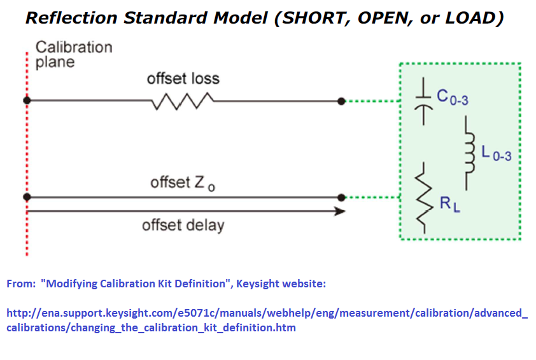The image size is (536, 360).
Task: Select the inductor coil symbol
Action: click(470, 153)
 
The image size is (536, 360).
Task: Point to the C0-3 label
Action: click(454, 97)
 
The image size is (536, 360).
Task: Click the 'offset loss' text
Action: click(183, 79)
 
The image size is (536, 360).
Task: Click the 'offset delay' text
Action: click(183, 225)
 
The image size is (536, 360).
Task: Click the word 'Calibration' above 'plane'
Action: click(74, 47)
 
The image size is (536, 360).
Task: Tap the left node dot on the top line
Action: click(27, 101)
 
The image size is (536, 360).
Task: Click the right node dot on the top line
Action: click(342, 101)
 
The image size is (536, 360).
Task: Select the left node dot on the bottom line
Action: click(27, 198)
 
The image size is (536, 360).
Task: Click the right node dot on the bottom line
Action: click(342, 198)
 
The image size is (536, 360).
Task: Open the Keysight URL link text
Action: click(267, 320)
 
